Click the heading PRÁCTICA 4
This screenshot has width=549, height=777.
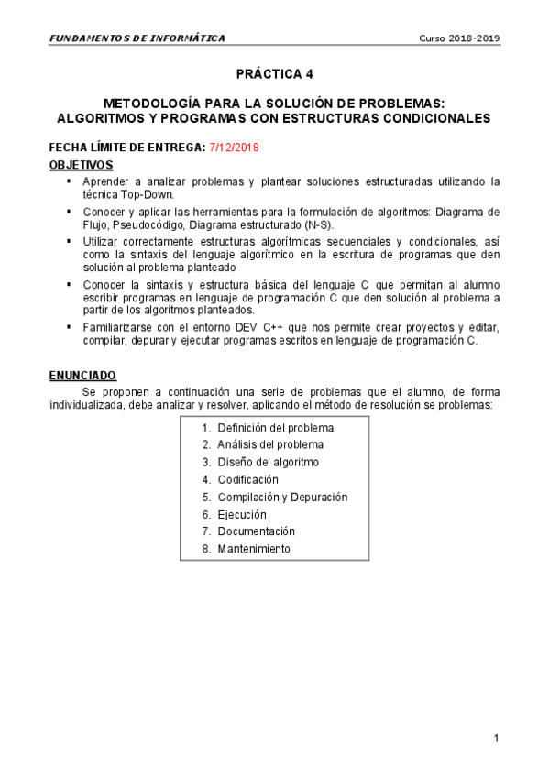(274, 73)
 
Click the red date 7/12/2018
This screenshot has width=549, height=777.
(235, 148)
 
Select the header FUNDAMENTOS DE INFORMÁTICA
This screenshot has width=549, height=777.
(137, 38)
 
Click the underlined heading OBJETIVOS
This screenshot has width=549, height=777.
(81, 165)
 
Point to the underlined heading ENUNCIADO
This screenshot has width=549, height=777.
(82, 375)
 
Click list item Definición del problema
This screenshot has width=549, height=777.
(275, 428)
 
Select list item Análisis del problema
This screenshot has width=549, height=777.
(269, 445)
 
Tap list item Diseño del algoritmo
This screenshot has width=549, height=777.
(268, 462)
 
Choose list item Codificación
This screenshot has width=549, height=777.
(247, 479)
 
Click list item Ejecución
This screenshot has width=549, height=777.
(242, 514)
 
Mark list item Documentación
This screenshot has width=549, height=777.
(256, 531)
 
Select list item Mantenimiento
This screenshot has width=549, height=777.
(253, 549)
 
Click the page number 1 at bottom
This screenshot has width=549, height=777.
(495, 739)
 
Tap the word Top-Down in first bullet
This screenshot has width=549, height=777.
(150, 194)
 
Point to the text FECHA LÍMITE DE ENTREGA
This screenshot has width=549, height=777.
(127, 148)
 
